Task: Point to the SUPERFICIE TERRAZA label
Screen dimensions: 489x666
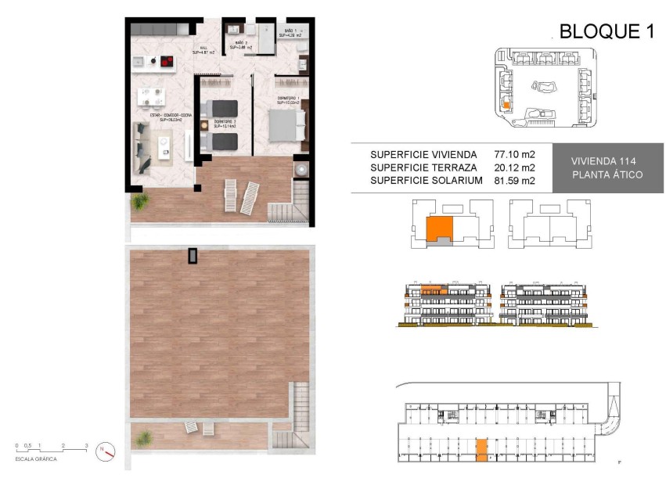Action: point(423,168)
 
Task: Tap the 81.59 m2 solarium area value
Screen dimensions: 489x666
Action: point(514,181)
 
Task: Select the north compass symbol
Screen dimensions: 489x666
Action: point(105,451)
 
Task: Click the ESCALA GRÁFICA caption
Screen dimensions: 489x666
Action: point(36,459)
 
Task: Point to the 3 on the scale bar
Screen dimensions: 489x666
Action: point(86,445)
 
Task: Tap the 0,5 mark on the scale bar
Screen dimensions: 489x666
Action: point(28,445)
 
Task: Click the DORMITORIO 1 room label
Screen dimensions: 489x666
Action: point(288,99)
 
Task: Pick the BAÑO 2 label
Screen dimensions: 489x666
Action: point(238,45)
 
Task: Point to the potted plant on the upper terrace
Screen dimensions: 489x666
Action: point(140,202)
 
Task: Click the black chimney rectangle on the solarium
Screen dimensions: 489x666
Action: point(193,256)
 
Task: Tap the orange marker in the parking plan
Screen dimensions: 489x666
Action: point(481,448)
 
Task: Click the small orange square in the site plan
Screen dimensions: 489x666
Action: point(506,104)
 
